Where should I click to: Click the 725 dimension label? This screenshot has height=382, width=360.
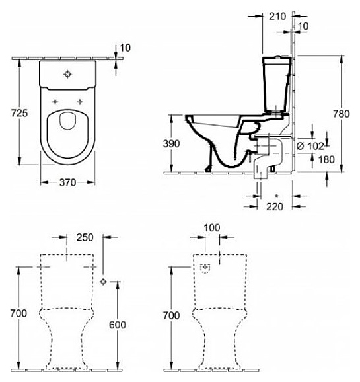19,113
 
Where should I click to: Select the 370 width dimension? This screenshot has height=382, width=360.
68,182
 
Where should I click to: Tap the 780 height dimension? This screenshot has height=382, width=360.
342,114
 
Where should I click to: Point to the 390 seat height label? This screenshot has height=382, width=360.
172,143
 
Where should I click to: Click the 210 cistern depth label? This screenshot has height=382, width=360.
277,17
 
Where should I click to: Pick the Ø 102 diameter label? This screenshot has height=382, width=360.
310,147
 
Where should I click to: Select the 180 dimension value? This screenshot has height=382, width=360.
326,159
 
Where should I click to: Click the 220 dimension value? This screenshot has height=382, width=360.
275,207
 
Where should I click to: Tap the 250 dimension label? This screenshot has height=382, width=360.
85,237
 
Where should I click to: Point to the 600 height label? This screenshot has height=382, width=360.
118,325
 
